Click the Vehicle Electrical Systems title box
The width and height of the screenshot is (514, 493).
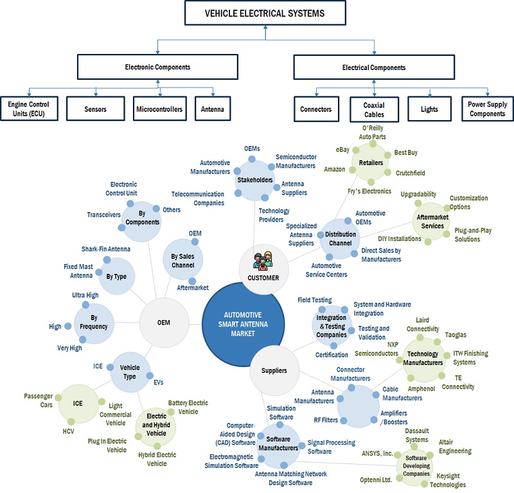[263, 13]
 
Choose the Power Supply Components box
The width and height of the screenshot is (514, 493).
[487, 109]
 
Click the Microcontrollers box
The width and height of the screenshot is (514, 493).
[159, 109]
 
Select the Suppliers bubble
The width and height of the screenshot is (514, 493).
[274, 370]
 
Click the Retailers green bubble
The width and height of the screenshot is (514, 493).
[370, 163]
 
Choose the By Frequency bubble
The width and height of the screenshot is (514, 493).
[94, 322]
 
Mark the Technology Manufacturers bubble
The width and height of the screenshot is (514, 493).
[422, 359]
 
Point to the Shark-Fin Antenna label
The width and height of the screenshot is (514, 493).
[106, 249]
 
